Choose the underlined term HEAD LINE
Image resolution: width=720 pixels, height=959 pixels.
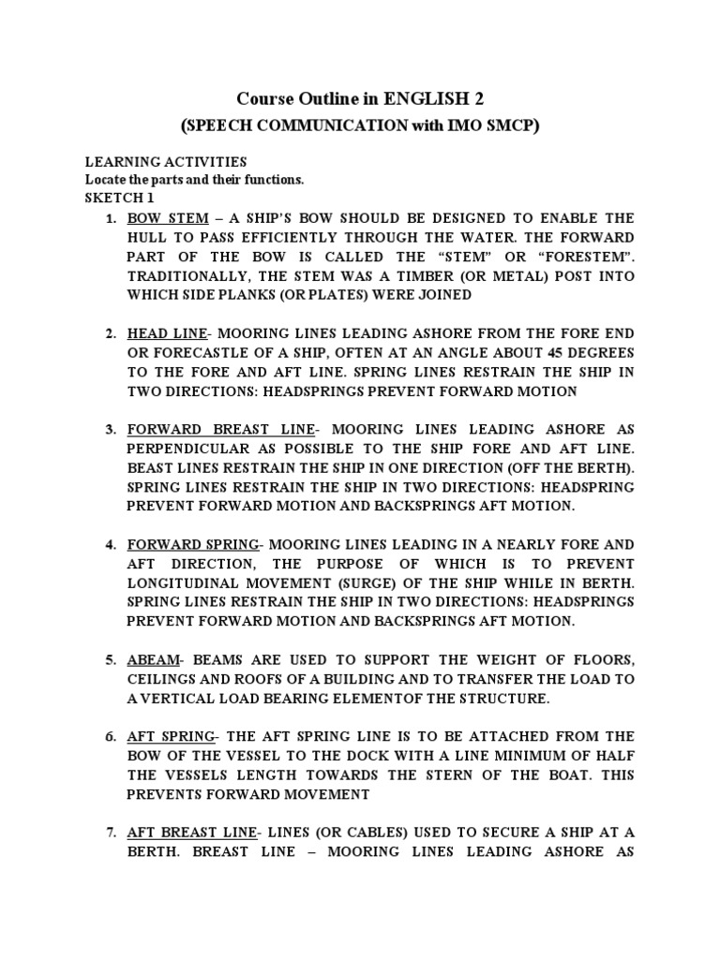click(167, 333)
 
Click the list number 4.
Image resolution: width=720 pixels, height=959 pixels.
click(110, 545)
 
